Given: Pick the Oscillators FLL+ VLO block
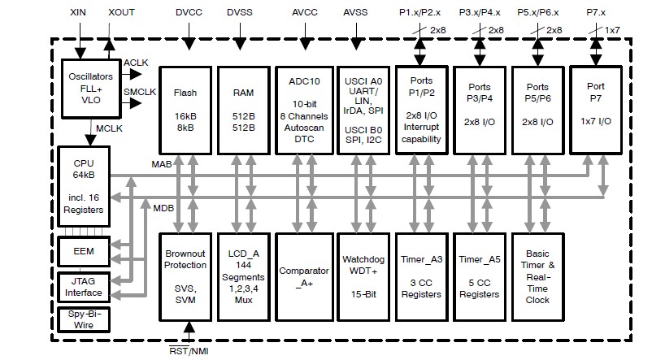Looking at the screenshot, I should (90, 87).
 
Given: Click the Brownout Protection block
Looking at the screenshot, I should (185, 277).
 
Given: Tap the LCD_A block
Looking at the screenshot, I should (244, 277).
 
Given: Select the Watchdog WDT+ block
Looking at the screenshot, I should (361, 277).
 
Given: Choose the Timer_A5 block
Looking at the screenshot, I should (478, 277).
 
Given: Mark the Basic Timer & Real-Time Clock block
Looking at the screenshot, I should (537, 277).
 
